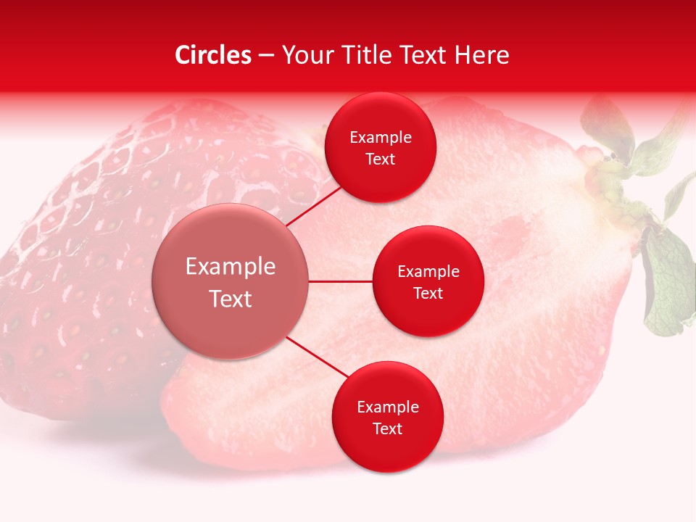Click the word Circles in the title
(212, 55)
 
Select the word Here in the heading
(481, 55)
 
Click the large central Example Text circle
(231, 282)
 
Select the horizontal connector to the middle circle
(341, 281)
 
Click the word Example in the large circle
(231, 267)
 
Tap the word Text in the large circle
(231, 299)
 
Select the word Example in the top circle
(381, 138)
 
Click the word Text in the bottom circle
(387, 428)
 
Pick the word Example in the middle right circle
(428, 272)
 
